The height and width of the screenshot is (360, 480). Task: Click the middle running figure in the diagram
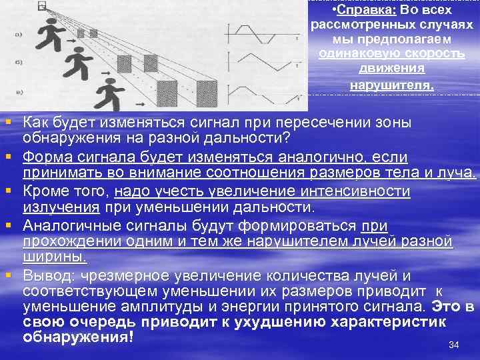pyautogui.click(x=77, y=65)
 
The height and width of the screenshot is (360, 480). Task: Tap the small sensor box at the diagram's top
pyautogui.click(x=42, y=6)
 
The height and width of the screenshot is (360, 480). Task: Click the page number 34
pyautogui.click(x=454, y=345)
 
